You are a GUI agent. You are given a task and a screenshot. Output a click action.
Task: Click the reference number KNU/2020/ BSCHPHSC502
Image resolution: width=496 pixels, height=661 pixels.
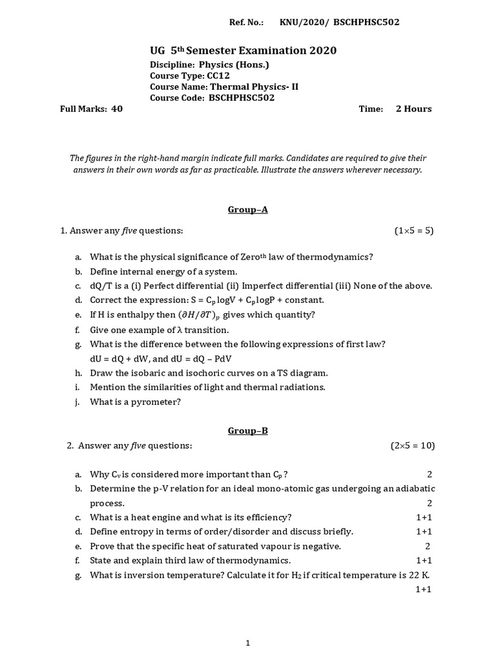(x=339, y=23)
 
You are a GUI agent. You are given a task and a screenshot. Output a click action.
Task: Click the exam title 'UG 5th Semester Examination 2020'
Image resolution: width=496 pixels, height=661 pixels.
(x=243, y=50)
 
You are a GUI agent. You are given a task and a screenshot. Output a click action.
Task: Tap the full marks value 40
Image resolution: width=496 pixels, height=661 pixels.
(x=117, y=109)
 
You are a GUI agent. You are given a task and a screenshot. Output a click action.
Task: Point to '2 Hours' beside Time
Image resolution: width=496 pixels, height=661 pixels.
(x=413, y=109)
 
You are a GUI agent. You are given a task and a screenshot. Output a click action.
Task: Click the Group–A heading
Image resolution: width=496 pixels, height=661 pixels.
(x=247, y=210)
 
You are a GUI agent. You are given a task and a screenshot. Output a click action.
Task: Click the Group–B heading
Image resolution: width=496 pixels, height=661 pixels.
(x=247, y=431)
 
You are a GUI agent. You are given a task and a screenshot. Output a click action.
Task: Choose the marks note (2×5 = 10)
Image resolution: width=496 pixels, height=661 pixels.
(x=412, y=445)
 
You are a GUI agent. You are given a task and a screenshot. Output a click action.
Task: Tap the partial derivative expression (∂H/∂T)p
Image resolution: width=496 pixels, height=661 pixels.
(x=205, y=315)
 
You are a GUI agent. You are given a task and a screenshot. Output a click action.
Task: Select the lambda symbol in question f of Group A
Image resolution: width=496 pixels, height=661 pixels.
(x=170, y=329)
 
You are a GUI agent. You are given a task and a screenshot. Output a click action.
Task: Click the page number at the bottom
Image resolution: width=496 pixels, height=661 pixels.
(x=247, y=643)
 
